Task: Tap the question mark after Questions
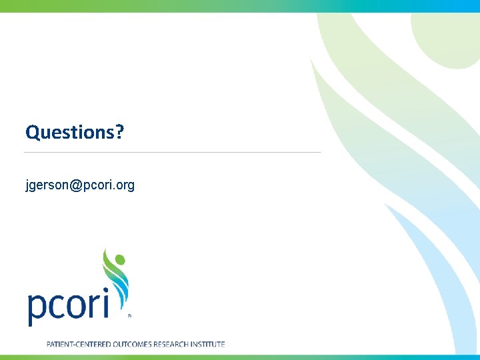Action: tap(120, 132)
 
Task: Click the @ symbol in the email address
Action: tap(74, 185)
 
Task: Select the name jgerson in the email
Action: tap(47, 185)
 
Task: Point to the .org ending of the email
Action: tap(123, 185)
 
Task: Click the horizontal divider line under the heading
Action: tap(172, 153)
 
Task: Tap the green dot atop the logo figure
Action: tap(119, 258)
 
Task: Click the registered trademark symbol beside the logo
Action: tap(129, 316)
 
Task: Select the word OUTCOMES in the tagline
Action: tap(129, 344)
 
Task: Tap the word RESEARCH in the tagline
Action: tap(173, 344)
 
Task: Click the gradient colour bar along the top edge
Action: tap(240, 5)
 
